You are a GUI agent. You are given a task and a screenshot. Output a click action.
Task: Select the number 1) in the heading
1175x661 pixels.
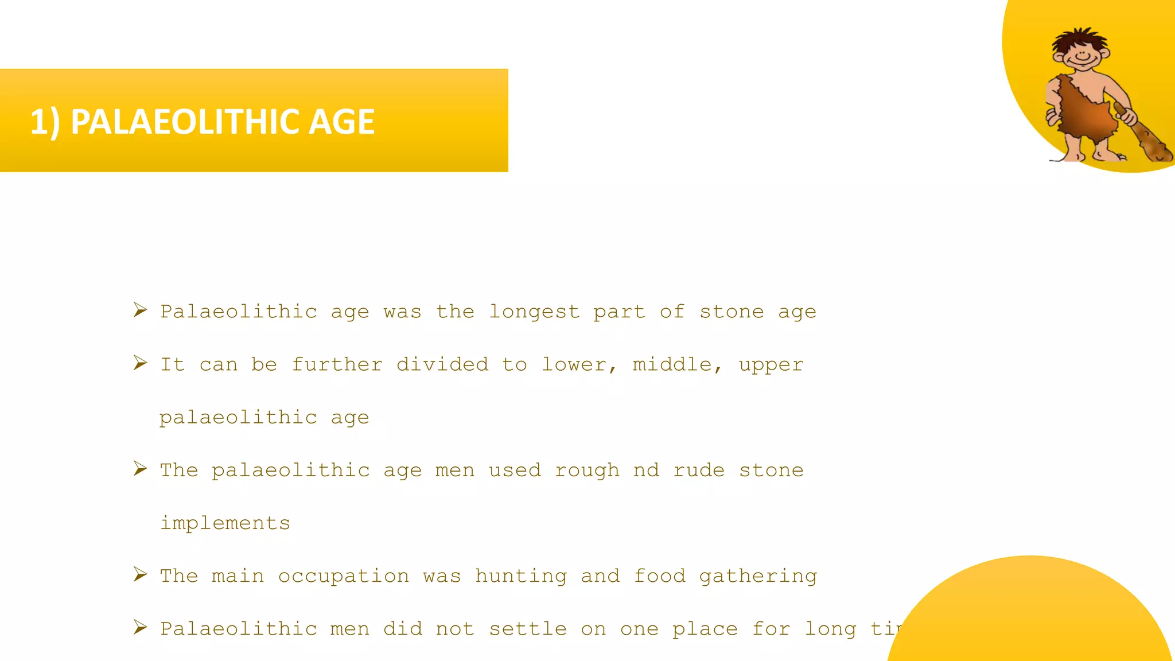tap(45, 122)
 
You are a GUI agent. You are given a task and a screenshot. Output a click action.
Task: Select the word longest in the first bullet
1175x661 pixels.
tap(534, 312)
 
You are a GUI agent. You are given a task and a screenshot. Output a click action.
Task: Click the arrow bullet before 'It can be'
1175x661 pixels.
tap(140, 363)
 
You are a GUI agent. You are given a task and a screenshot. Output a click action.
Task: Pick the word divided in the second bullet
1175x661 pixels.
tap(442, 365)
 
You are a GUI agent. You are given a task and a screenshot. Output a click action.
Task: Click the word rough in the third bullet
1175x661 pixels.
tap(587, 471)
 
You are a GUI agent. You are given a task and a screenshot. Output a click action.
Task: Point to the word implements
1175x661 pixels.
tap(225, 523)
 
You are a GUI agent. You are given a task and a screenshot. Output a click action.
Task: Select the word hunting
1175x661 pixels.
tap(521, 576)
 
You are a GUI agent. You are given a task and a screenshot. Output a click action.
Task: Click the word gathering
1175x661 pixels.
tap(758, 576)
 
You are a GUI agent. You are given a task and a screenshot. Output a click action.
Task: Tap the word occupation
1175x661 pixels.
tap(344, 576)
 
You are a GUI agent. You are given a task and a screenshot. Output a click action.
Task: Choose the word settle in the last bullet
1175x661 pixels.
tap(528, 629)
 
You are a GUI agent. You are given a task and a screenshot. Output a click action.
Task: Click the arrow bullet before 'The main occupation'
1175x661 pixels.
tap(140, 574)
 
